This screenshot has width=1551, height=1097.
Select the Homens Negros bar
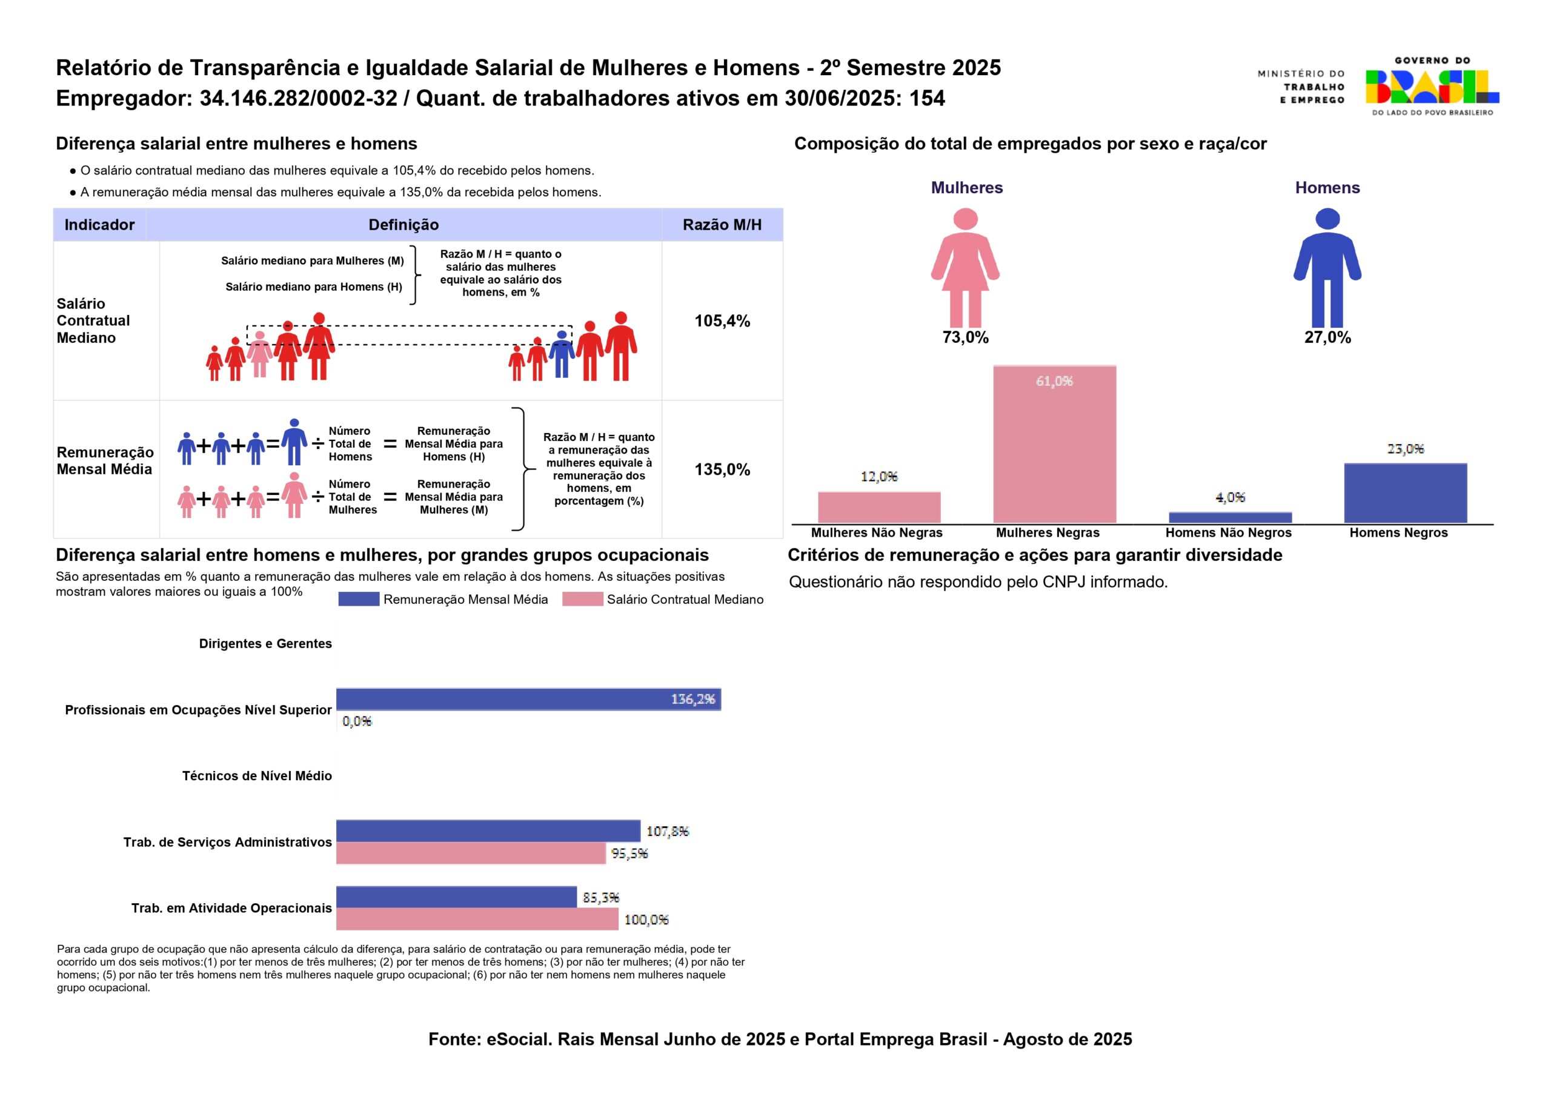click(x=1405, y=492)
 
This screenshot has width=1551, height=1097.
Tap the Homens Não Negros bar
click(x=1230, y=517)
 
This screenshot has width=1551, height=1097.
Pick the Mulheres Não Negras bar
click(x=879, y=506)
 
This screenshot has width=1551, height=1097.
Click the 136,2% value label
click(x=692, y=699)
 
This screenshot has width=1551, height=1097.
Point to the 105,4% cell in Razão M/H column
click(x=722, y=321)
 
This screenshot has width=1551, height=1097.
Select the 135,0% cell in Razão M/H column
click(x=722, y=469)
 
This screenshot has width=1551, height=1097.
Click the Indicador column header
click(x=99, y=225)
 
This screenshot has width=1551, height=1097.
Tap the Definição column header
click(x=404, y=225)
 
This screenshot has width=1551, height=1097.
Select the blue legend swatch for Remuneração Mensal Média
click(x=359, y=599)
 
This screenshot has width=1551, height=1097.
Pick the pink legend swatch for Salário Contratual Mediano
click(x=582, y=599)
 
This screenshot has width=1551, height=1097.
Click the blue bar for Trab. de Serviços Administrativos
click(x=488, y=831)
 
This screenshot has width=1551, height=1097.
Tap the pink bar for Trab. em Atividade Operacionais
click(x=477, y=920)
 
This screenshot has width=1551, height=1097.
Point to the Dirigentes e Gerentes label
click(x=265, y=644)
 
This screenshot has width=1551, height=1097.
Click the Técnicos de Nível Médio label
click(x=257, y=776)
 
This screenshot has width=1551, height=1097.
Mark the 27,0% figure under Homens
click(x=1327, y=338)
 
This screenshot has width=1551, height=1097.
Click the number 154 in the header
click(x=927, y=99)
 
